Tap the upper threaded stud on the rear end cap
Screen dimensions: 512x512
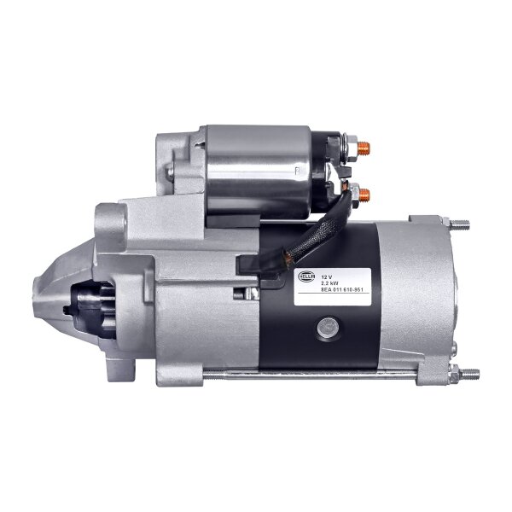point(460,224)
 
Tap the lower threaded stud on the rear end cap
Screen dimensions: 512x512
point(468,373)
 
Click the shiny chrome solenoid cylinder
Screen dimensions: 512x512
point(256,171)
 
